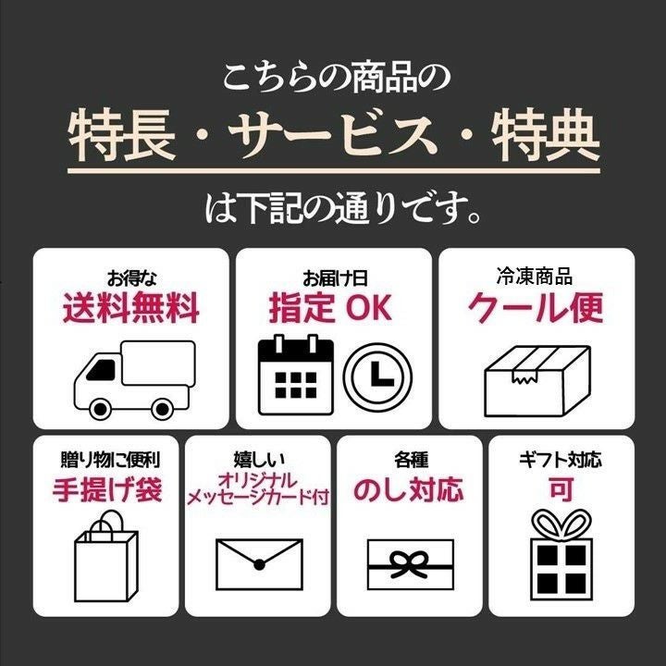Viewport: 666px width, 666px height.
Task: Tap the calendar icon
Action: click(x=296, y=375)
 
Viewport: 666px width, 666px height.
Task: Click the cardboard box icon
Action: click(x=537, y=380)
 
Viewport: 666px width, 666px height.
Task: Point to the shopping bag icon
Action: click(x=106, y=556)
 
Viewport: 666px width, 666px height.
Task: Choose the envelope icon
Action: click(x=259, y=564)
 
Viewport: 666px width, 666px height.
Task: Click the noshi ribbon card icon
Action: click(x=411, y=564)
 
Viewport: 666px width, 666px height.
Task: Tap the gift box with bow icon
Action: click(x=561, y=554)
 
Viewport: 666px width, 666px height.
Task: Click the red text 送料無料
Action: click(x=130, y=308)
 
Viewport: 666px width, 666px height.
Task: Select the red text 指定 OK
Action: click(x=330, y=308)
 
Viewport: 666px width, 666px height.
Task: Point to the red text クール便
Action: click(x=536, y=308)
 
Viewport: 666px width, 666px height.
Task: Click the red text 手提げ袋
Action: click(x=107, y=489)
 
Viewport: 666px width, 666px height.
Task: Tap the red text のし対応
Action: click(x=409, y=489)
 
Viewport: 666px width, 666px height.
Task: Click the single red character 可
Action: click(x=561, y=489)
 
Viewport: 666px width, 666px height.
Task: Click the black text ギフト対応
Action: click(x=561, y=460)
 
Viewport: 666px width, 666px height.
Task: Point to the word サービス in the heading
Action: click(x=333, y=134)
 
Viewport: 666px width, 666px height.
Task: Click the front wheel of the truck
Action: click(x=100, y=409)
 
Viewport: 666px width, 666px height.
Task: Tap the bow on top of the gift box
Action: click(x=561, y=524)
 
